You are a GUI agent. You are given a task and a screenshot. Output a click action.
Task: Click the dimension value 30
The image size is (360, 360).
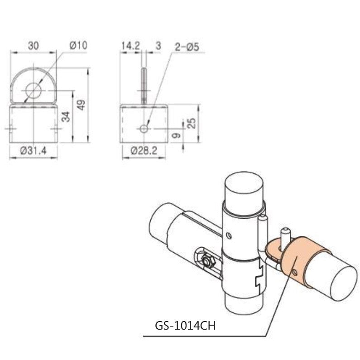[33, 45]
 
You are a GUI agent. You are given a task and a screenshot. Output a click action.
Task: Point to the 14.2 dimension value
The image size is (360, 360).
[130, 45]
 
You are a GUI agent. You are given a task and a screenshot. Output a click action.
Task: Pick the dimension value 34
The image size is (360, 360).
[66, 117]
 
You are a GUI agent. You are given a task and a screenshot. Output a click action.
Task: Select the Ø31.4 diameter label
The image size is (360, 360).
[34, 151]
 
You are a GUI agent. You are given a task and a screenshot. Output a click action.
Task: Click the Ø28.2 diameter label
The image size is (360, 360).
[143, 151]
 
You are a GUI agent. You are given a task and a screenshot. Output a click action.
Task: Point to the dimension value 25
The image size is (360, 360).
[192, 123]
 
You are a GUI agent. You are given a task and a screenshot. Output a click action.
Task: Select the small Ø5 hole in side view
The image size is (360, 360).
[144, 129]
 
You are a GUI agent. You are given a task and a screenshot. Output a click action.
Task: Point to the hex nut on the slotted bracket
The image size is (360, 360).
[207, 261]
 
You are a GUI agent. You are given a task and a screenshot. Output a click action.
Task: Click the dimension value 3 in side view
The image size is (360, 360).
[157, 45]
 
